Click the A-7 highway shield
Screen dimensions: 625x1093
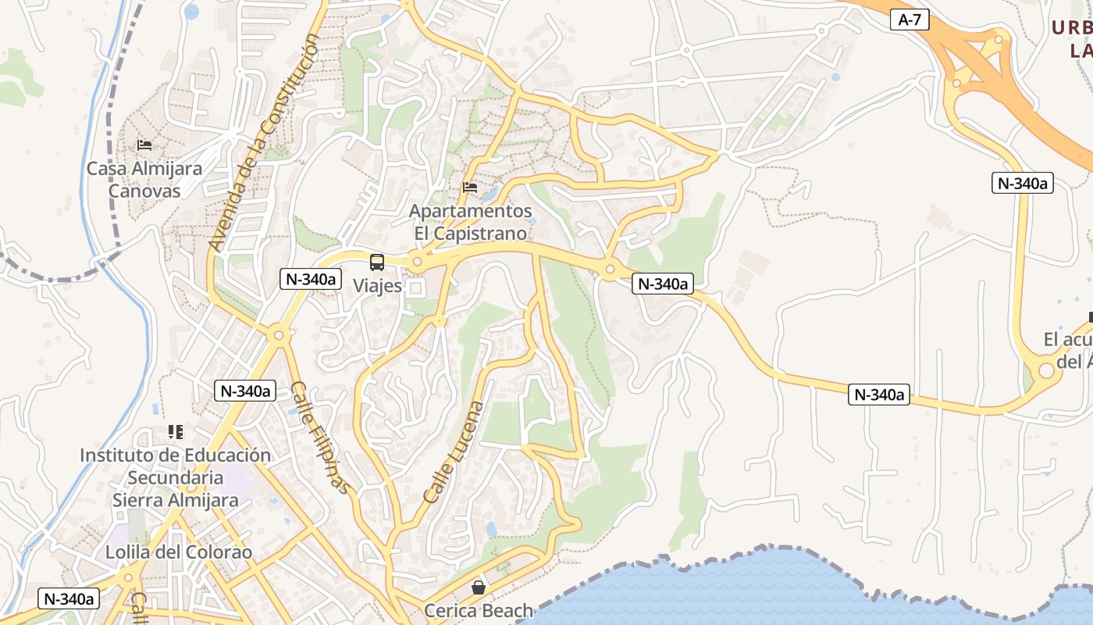coord(910,20)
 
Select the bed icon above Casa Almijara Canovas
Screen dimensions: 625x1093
coord(144,145)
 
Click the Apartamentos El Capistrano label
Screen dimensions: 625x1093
coord(471,222)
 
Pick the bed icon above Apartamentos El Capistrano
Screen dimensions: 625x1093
coord(470,187)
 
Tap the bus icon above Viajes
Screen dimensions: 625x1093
coord(377,262)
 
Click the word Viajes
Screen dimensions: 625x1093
coord(378,286)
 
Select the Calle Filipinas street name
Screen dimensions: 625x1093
coord(319,437)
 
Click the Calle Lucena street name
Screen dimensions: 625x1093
coord(454,452)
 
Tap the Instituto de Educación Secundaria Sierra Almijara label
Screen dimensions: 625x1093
coord(176,477)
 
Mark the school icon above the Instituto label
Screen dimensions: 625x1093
coord(176,432)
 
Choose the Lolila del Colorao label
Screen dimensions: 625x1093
coord(179,552)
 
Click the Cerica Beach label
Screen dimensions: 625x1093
coord(479,610)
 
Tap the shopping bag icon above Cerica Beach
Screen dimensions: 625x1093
coord(478,587)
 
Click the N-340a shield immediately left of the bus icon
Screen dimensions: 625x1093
coord(311,279)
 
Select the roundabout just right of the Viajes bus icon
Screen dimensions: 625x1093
coord(417,262)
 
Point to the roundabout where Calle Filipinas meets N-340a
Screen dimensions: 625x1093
coord(278,335)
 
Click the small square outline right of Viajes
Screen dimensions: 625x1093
coord(416,288)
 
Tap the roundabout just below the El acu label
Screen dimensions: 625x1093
coord(1046,371)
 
